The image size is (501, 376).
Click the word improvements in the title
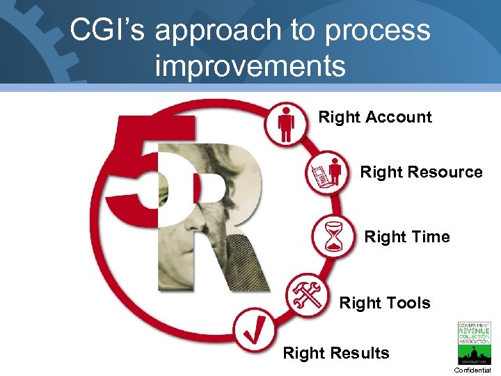tap(250, 66)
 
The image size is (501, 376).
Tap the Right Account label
tap(375, 117)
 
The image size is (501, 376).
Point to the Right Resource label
tap(421, 172)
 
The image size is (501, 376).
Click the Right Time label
tap(407, 237)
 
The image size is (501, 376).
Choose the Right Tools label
tap(385, 303)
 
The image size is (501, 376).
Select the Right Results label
tap(336, 353)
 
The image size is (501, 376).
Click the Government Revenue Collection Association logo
tap(473, 343)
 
